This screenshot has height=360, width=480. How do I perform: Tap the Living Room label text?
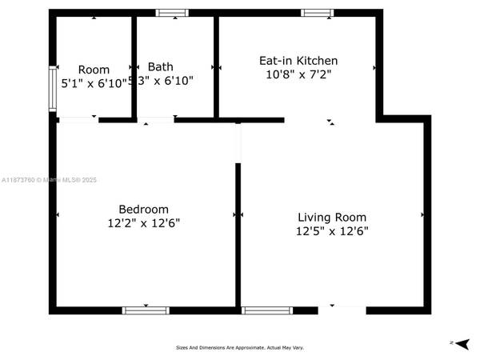pyautogui.click(x=331, y=217)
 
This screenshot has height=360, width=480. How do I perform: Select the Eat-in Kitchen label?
pyautogui.click(x=298, y=61)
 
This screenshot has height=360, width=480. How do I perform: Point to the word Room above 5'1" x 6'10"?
pyautogui.click(x=94, y=70)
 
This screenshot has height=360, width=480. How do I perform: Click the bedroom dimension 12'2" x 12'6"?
pyautogui.click(x=145, y=223)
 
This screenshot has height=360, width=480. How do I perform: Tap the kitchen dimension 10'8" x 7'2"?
pyautogui.click(x=298, y=74)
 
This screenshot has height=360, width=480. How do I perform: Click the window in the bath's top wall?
pyautogui.click(x=171, y=13)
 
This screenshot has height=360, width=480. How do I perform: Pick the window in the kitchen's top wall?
pyautogui.click(x=317, y=13)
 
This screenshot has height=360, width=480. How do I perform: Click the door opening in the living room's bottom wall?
pyautogui.click(x=342, y=309)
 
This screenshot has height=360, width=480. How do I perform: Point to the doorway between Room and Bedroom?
pyautogui.click(x=78, y=120)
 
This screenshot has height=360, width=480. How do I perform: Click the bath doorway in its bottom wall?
pyautogui.click(x=157, y=120)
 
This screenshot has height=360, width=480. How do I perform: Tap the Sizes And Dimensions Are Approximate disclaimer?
pyautogui.click(x=240, y=347)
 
